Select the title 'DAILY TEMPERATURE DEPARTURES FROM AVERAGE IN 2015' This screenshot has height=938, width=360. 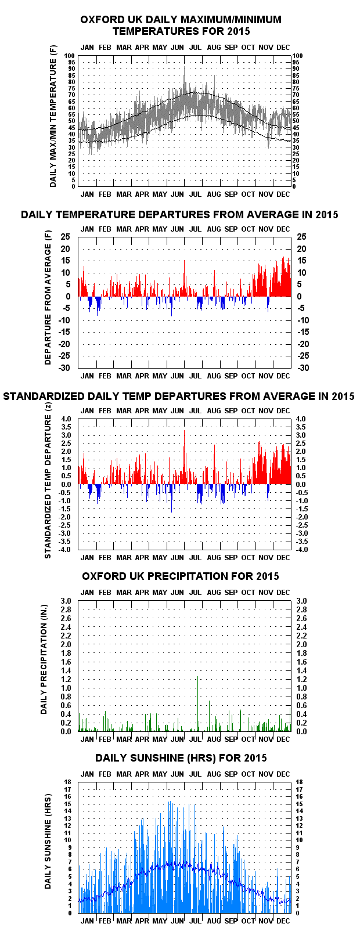pyautogui.click(x=179, y=215)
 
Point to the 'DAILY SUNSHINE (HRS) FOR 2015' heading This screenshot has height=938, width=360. pyautogui.click(x=181, y=758)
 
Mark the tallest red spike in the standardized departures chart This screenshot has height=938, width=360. pyautogui.click(x=184, y=457)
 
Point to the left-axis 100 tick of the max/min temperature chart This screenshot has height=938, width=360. pyautogui.click(x=70, y=56)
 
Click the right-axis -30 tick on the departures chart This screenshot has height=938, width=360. pyautogui.click(x=304, y=368)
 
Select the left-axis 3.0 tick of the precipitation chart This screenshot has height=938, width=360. pyautogui.click(x=66, y=601)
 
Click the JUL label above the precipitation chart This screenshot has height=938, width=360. pyautogui.click(x=195, y=593)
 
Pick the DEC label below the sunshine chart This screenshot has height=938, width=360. pyautogui.click(x=283, y=921)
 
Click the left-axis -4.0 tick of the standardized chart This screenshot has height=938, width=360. pyautogui.click(x=65, y=550)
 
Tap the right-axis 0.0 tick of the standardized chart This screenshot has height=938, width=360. pyautogui.click(x=301, y=485)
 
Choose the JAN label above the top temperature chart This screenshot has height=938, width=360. pyautogui.click(x=87, y=48)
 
